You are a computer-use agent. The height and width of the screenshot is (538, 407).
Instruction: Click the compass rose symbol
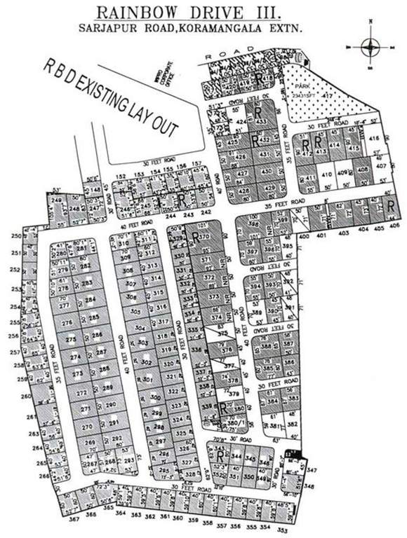click(x=370, y=47)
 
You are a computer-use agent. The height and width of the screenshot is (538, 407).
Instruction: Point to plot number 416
click(x=374, y=139)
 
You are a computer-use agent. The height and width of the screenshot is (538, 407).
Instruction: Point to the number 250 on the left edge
click(x=16, y=236)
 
